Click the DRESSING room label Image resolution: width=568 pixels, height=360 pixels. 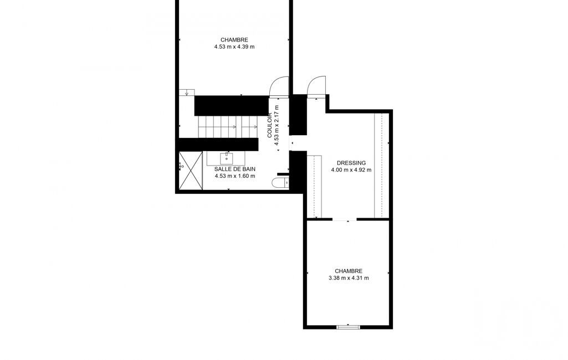tap(351, 163)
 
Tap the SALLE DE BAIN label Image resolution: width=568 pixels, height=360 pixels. tap(235, 169)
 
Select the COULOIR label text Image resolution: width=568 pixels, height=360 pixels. tap(269, 125)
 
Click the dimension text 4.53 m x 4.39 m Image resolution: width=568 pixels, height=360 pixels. tap(234, 47)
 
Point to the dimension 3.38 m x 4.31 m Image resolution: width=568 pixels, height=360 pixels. tap(349, 278)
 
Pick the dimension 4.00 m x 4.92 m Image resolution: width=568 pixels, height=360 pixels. tap(351, 170)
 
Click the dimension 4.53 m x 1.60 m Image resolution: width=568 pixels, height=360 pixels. tap(235, 176)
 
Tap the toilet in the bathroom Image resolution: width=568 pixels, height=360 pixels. tap(280, 182)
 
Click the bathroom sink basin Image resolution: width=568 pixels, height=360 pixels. tap(227, 158)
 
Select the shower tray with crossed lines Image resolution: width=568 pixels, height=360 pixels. tap(191, 171)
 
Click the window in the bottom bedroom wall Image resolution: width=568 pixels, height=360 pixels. tap(348, 327)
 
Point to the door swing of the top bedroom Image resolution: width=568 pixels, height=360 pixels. tap(279, 87)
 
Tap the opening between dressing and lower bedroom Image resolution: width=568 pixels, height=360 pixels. tap(345, 219)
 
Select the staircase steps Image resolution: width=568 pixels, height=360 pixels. tap(227, 127)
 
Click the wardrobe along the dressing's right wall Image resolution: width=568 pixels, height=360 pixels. tap(381, 166)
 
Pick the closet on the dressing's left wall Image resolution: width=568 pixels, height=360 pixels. tap(314, 187)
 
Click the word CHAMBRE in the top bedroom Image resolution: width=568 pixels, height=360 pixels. tap(234, 40)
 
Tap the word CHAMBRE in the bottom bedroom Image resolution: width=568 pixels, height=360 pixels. tap(349, 271)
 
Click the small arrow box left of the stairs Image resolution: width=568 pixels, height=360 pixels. tap(187, 92)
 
